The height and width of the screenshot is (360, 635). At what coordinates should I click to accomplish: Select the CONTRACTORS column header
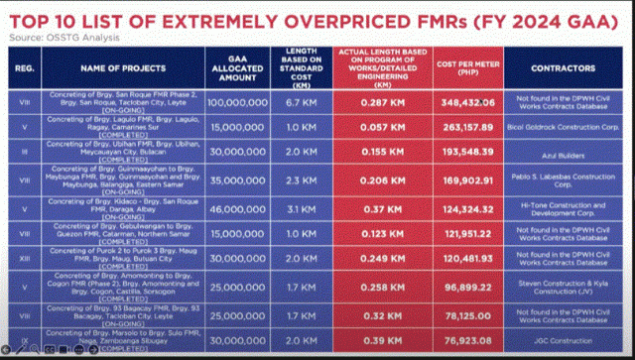[x=562, y=70]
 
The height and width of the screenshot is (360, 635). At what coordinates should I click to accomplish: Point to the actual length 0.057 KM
[x=377, y=128]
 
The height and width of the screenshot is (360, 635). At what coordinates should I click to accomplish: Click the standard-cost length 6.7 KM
[x=300, y=102]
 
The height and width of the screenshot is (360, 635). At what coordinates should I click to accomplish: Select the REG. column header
[x=26, y=70]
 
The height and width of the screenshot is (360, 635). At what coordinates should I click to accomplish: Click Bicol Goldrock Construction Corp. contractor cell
[x=562, y=128]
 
